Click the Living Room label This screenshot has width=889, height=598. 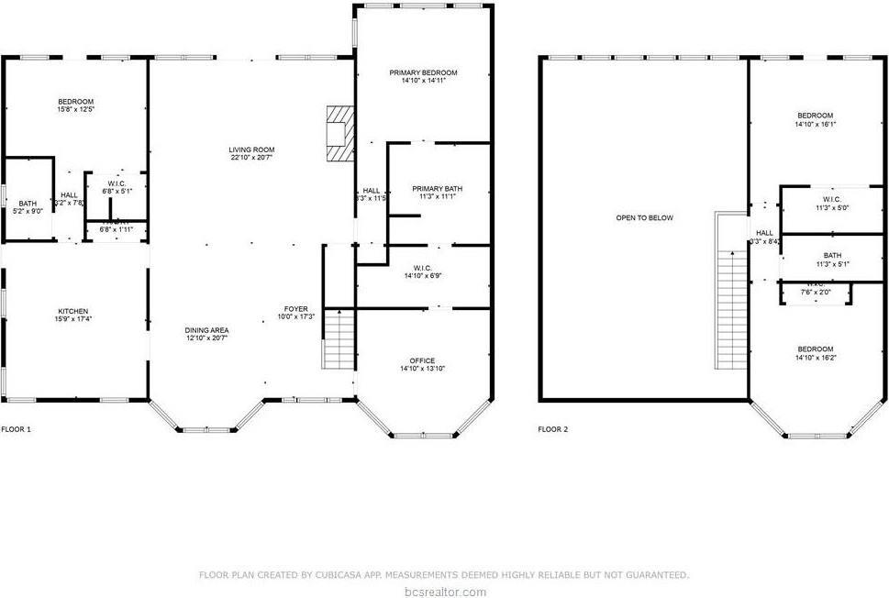(x=252, y=149)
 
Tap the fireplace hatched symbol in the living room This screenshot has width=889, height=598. (x=339, y=132)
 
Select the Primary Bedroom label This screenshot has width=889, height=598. (x=423, y=72)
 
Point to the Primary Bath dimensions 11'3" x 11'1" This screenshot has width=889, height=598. (x=437, y=196)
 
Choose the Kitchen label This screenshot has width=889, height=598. (x=73, y=311)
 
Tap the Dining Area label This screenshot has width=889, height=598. (x=206, y=330)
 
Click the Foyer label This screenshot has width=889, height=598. (x=295, y=308)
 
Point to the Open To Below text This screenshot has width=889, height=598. (x=644, y=218)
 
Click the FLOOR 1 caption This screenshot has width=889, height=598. (x=16, y=428)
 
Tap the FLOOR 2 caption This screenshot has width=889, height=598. (x=552, y=428)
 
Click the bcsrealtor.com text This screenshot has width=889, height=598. (x=444, y=591)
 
